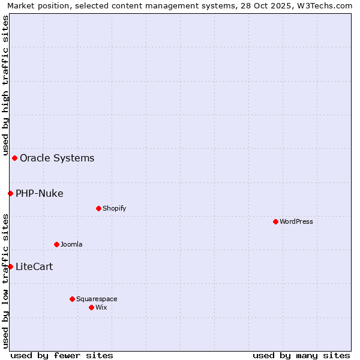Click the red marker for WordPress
coord(275,221)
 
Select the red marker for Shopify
coord(98,208)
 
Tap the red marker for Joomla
coord(56,244)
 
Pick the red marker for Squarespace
coord(72,299)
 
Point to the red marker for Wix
coord(91,307)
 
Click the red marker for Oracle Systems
coord(14,158)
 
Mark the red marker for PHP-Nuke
coord(10,193)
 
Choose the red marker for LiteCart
coord(10,266)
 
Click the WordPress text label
coord(296,221)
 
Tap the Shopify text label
coord(114,208)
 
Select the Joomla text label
coord(71,244)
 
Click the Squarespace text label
coord(97,299)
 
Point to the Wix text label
coord(101,307)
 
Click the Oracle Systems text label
coord(57,158)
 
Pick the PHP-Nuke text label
coord(40,193)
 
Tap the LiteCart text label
coord(34,267)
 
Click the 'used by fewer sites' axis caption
coord(62,355)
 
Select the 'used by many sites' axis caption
coord(301,355)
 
